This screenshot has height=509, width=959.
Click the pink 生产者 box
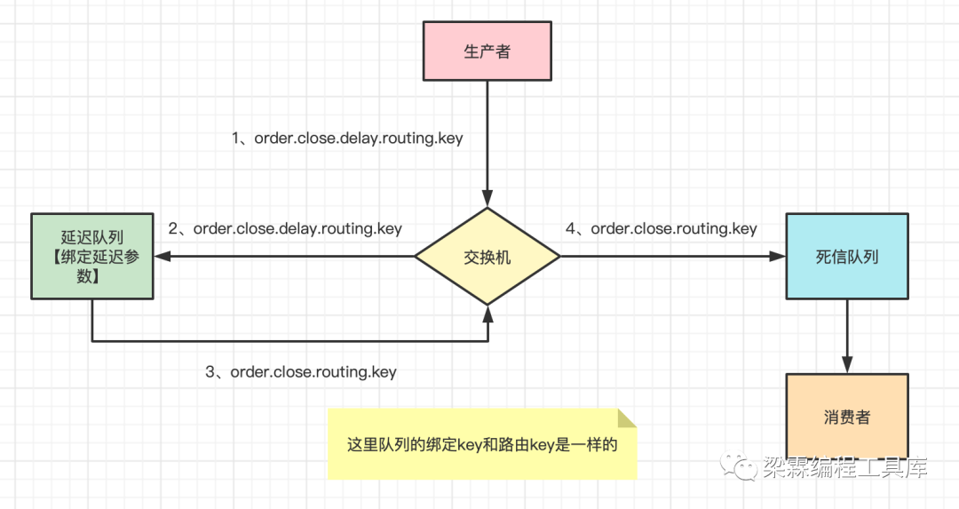(x=487, y=52)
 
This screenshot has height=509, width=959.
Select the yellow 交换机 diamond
(x=487, y=256)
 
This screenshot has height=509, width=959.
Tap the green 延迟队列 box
(x=91, y=256)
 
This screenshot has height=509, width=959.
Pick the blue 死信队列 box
(x=846, y=256)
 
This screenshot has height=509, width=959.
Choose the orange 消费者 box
(x=846, y=416)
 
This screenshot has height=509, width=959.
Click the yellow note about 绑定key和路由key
(x=481, y=444)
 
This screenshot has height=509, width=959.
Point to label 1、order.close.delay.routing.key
(x=347, y=139)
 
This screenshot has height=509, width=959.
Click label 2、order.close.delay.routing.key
(x=285, y=228)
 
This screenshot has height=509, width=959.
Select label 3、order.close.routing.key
(x=300, y=372)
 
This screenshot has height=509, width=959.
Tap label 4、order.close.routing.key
(x=661, y=228)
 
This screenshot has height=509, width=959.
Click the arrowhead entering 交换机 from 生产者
(x=487, y=198)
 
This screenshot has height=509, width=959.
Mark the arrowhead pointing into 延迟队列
(x=162, y=256)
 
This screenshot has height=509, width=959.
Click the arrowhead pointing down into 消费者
(x=846, y=364)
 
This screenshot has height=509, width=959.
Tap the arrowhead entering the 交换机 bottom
(x=487, y=313)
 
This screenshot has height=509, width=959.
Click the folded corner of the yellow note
(x=627, y=418)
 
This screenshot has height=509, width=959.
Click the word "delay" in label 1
(x=360, y=139)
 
